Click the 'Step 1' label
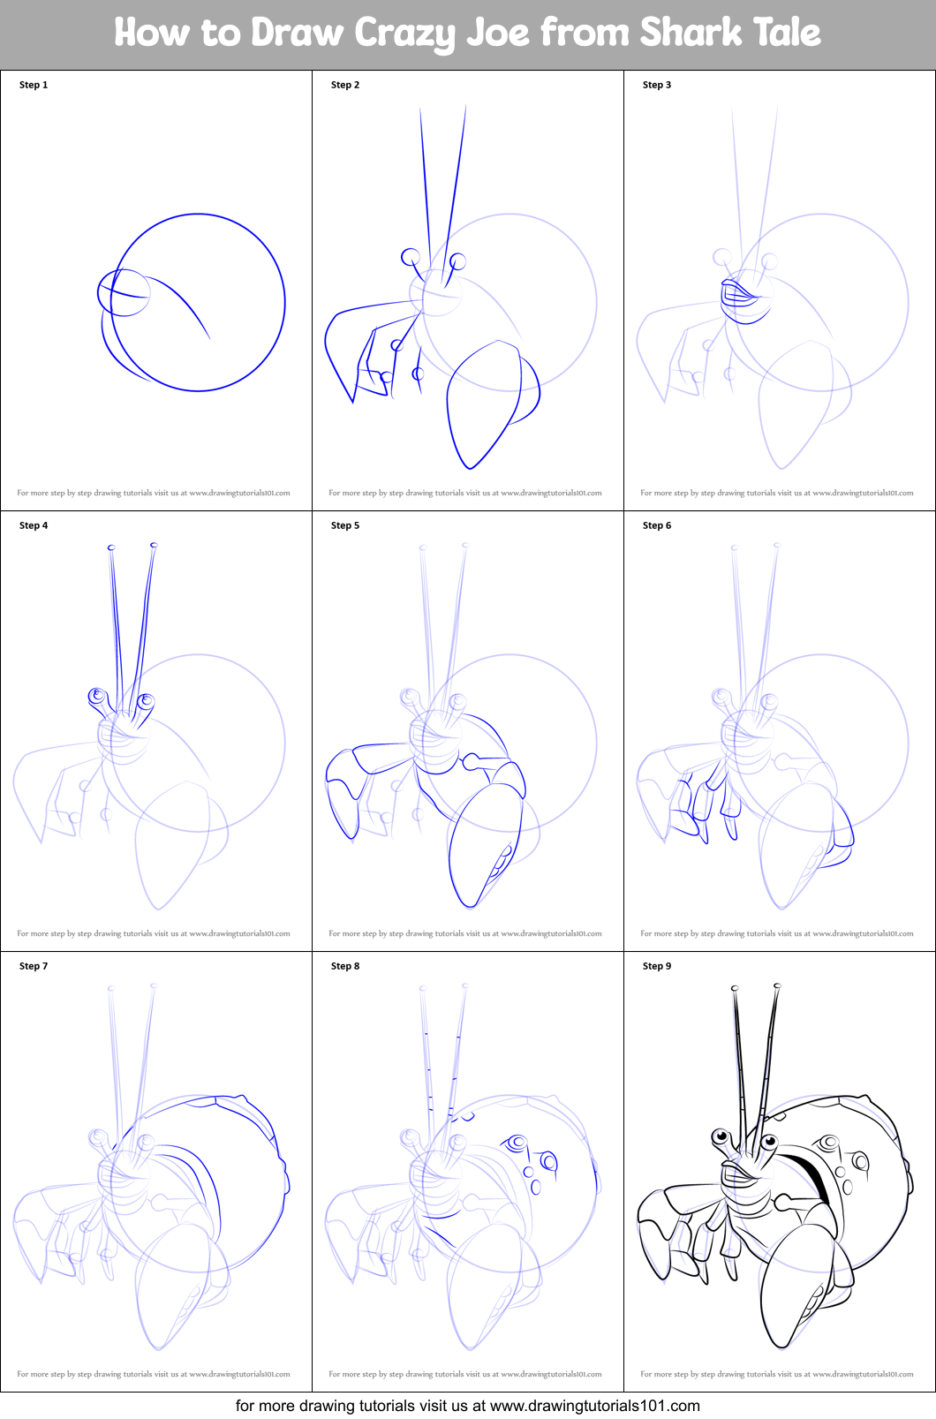pos(34,85)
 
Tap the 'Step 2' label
pos(345,85)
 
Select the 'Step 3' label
pos(657,85)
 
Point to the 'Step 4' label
pos(34,525)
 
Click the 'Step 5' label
pos(345,525)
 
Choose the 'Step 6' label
pos(657,525)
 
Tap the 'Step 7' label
pos(34,966)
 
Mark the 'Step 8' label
pos(345,966)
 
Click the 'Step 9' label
pos(657,966)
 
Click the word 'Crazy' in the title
pos(405,34)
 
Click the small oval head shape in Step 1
pos(123,292)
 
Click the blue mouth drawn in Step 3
pos(740,294)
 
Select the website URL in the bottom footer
pos(594,1406)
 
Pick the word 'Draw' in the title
pos(297,34)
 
